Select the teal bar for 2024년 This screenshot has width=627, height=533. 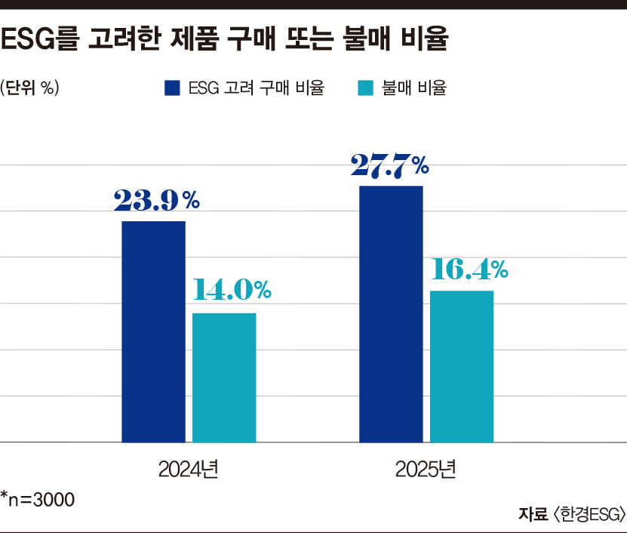tap(224, 377)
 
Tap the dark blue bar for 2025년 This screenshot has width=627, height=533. tap(391, 313)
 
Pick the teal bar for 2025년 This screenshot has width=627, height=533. tap(462, 366)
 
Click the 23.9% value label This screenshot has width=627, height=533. tap(156, 200)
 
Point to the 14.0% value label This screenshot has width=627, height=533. tap(231, 290)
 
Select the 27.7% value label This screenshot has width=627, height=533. tap(389, 165)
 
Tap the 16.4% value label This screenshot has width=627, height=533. tap(469, 269)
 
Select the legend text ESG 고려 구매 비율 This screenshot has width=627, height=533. tap(257, 88)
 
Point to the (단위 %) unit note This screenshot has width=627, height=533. tap(30, 88)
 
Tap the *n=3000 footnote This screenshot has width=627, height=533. tap(38, 498)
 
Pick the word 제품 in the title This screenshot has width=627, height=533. tap(230, 40)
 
